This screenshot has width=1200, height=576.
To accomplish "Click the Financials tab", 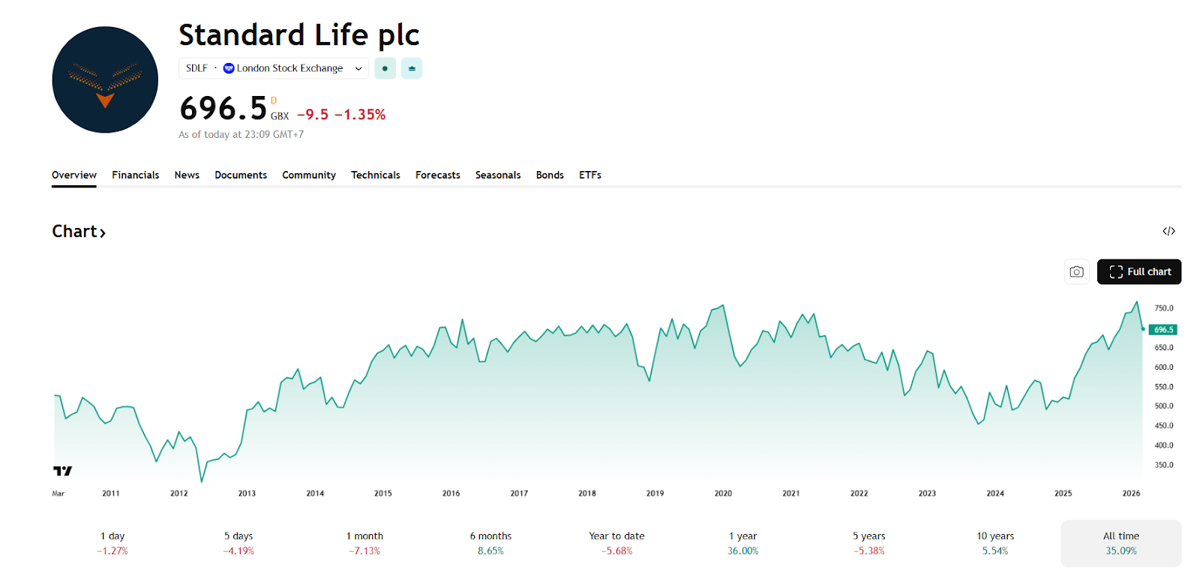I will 135,175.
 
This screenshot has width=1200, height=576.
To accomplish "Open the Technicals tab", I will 375,175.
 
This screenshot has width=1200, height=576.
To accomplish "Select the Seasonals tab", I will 497,175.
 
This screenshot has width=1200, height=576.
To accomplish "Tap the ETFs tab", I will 589,175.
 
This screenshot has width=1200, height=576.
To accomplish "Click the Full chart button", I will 1138,271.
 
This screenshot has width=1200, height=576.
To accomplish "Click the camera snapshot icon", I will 1076,271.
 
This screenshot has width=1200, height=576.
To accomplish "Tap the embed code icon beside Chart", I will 1168,231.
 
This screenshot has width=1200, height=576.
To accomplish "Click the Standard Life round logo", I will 105,80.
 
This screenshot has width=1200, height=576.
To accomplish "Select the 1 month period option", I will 364,543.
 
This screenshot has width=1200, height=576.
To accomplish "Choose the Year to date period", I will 616,543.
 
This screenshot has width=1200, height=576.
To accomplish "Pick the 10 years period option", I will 994,543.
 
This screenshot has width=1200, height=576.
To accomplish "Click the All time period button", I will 1120,543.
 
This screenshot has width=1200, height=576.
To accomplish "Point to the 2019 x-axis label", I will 655,493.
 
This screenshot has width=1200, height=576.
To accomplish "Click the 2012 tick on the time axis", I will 178,493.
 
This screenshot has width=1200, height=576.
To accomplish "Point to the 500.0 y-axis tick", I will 1163,406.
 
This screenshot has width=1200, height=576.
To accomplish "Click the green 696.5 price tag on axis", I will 1162,330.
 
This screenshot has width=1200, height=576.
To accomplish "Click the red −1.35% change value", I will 360,115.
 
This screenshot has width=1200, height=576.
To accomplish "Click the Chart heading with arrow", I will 78,232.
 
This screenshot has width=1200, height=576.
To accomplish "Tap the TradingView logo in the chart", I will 63,471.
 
